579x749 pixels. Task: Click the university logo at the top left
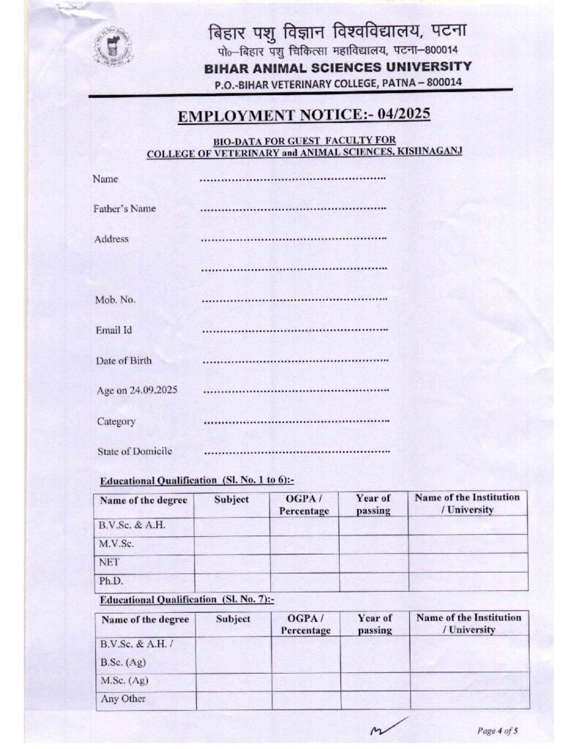tap(113, 47)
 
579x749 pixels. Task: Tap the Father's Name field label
tap(124, 208)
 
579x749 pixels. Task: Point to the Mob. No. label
tap(115, 300)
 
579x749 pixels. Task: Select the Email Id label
tap(113, 330)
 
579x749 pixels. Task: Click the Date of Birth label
tap(124, 361)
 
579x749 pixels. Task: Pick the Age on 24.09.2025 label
tap(137, 391)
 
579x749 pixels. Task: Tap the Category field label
tap(116, 421)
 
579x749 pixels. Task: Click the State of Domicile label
tap(135, 451)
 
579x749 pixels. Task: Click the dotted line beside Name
tap(293, 178)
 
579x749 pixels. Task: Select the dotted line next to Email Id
tap(294, 331)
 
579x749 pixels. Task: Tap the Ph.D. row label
tap(111, 581)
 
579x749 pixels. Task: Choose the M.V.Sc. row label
tap(116, 544)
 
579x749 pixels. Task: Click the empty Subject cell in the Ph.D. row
tap(231, 581)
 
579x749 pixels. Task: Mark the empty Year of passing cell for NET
tap(373, 562)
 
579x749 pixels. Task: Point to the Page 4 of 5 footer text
tap(497, 730)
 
